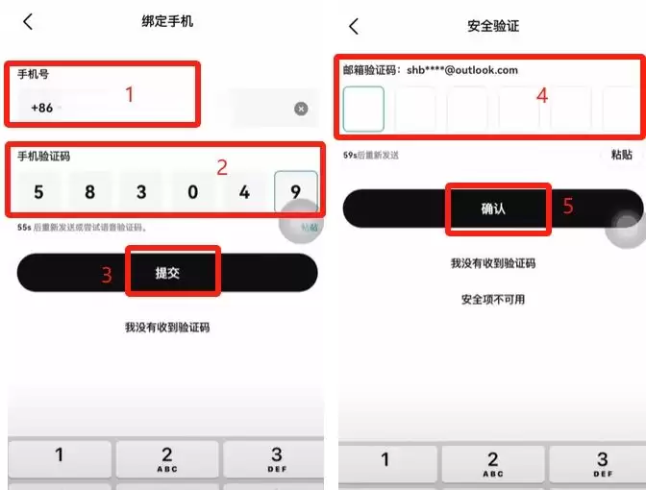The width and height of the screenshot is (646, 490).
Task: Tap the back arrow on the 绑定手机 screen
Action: pyautogui.click(x=28, y=21)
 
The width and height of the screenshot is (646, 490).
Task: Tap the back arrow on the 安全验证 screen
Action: pyautogui.click(x=354, y=26)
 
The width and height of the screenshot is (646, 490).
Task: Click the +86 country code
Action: pyautogui.click(x=42, y=108)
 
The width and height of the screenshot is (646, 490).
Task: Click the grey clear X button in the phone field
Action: pyautogui.click(x=301, y=109)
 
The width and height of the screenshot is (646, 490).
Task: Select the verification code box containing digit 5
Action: pyautogui.click(x=38, y=192)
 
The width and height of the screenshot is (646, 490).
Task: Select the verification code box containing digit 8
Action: pyautogui.click(x=89, y=192)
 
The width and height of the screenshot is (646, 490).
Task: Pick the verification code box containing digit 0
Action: pyautogui.click(x=192, y=192)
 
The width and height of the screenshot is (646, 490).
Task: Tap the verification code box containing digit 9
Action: pyautogui.click(x=295, y=192)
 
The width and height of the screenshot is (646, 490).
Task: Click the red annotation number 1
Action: pyautogui.click(x=130, y=94)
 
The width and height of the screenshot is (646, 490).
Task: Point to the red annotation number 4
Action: pyautogui.click(x=542, y=95)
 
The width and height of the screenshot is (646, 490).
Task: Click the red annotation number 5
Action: pyautogui.click(x=567, y=207)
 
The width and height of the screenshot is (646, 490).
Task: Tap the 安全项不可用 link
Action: pyautogui.click(x=492, y=300)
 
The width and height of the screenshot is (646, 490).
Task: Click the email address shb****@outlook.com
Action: pyautogui.click(x=462, y=70)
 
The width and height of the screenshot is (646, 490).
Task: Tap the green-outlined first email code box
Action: pyautogui.click(x=363, y=109)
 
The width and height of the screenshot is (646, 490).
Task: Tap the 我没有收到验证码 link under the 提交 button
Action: pyautogui.click(x=166, y=328)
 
